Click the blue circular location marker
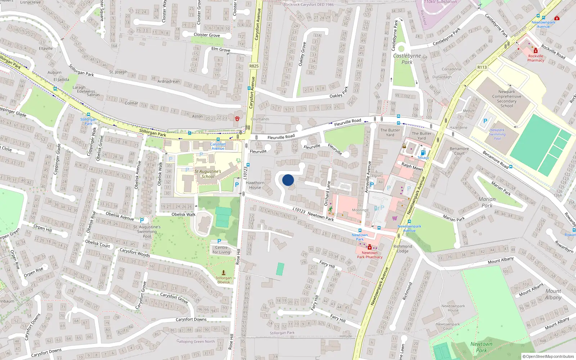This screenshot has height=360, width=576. [288, 180]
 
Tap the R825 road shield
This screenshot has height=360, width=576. [254, 66]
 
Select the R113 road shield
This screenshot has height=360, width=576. [482, 67]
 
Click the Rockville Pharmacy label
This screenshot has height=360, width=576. [536, 58]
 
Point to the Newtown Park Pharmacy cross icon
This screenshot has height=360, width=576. [369, 248]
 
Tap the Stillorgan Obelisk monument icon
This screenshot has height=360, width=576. [224, 273]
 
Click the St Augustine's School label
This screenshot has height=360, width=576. [208, 174]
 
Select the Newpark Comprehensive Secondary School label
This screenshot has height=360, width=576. [507, 99]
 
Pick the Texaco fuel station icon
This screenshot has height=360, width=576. [423, 153]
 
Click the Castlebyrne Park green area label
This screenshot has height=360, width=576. [407, 59]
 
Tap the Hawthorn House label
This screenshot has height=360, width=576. [255, 185]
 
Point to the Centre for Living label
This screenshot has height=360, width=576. [221, 250]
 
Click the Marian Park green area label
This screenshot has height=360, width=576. [487, 202]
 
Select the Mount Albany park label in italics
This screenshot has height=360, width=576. [553, 294]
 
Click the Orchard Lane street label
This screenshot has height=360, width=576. [327, 193]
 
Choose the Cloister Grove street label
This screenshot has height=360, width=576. [207, 35]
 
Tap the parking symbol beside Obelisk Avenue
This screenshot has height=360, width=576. [142, 220]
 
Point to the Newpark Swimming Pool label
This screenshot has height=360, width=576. [497, 134]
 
